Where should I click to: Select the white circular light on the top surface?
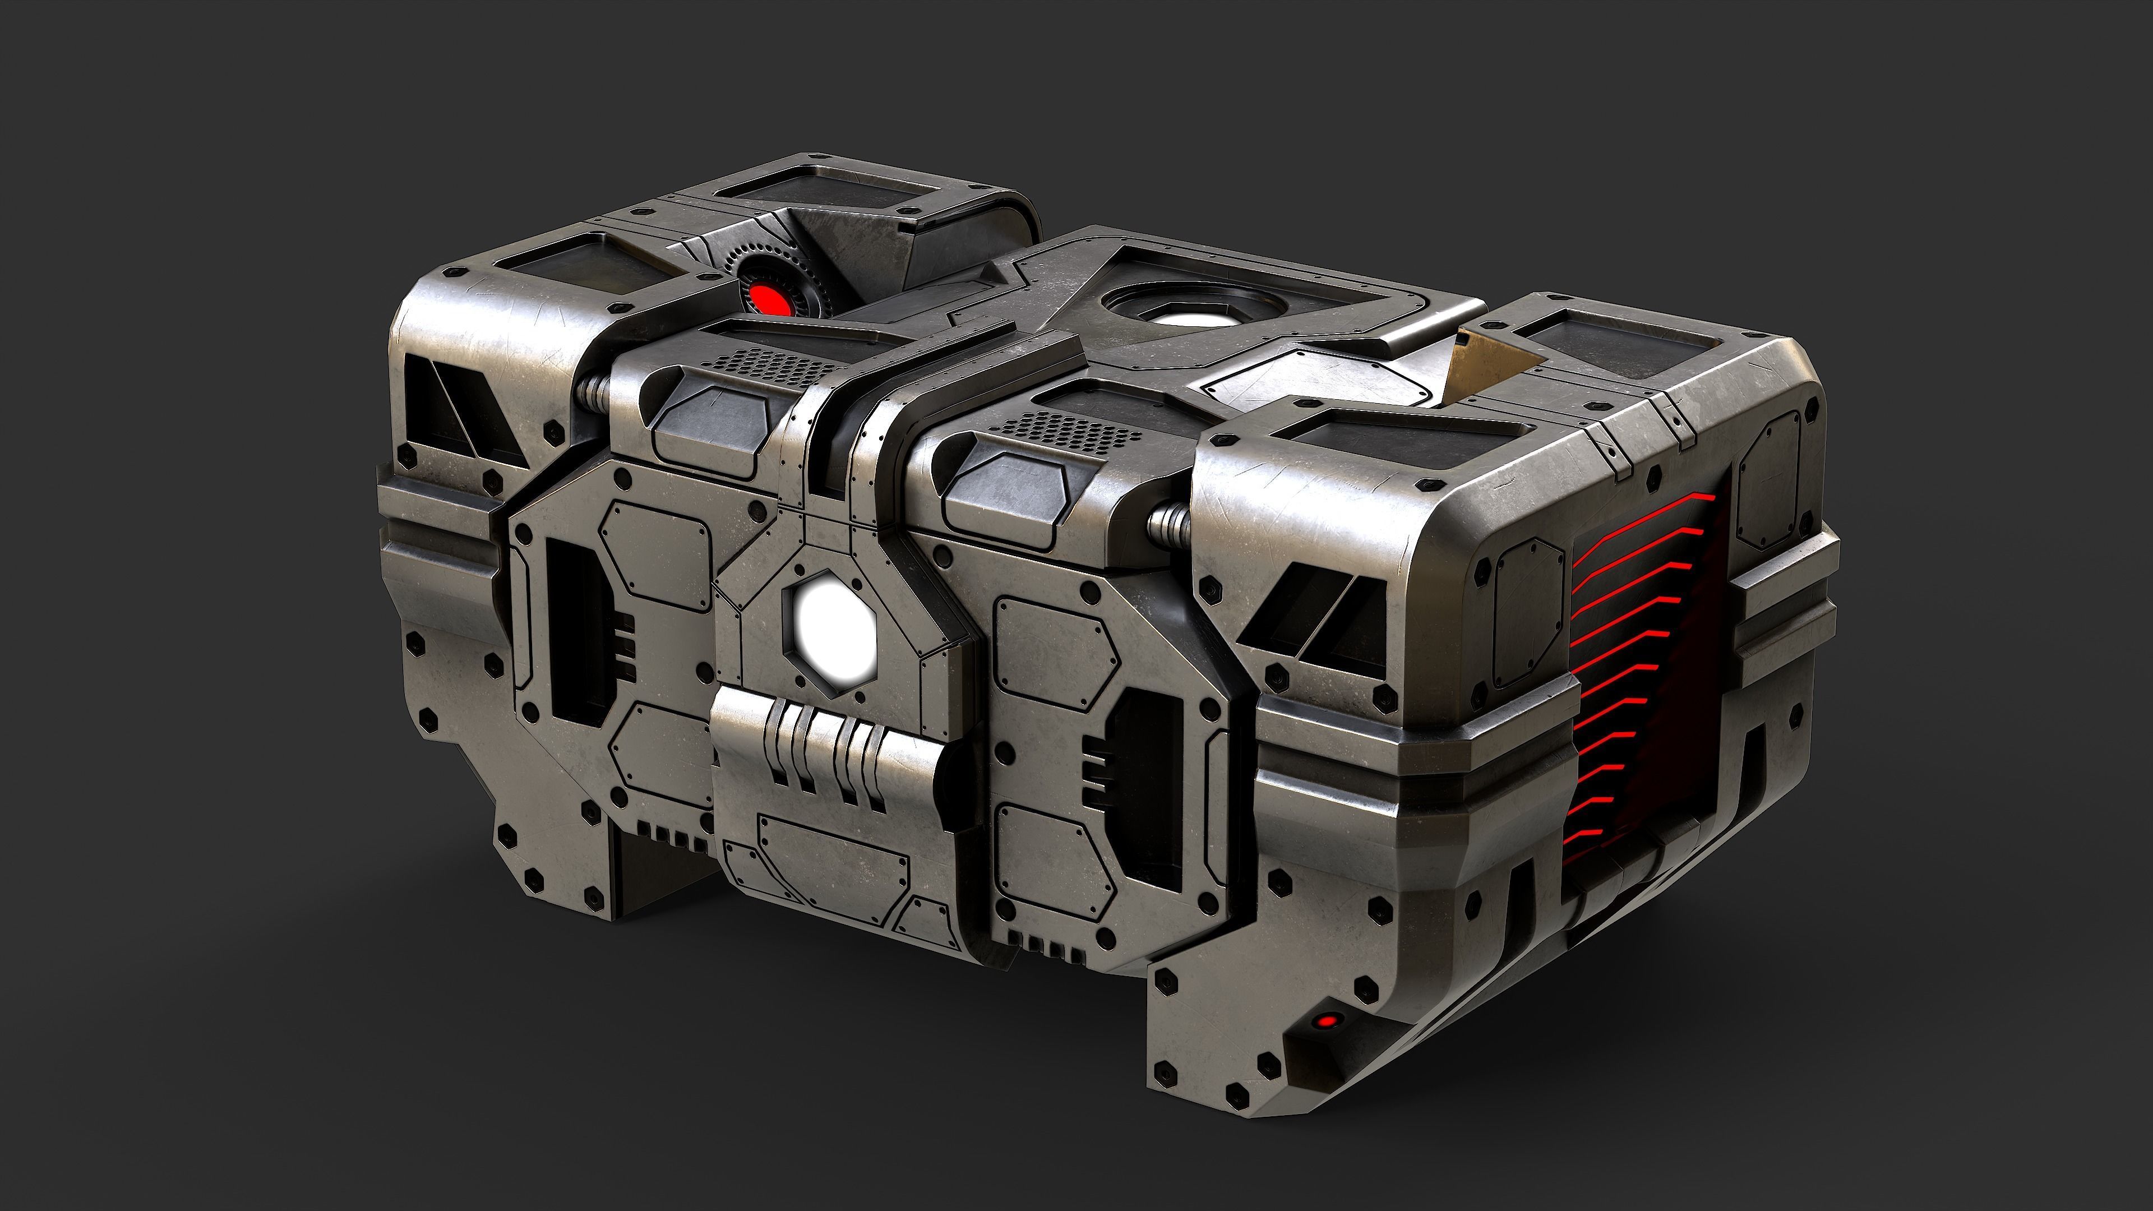click(x=1185, y=318)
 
